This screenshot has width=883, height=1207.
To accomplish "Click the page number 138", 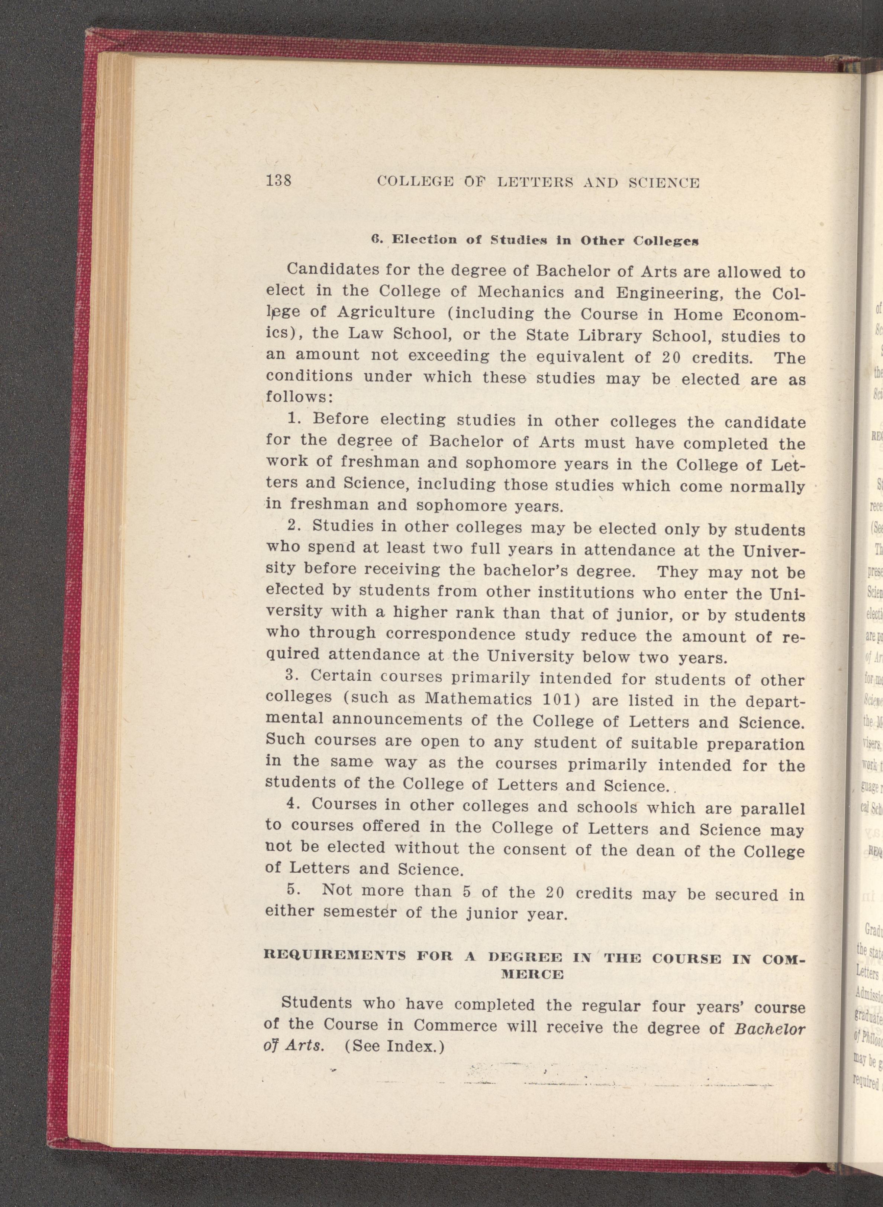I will click(278, 181).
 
